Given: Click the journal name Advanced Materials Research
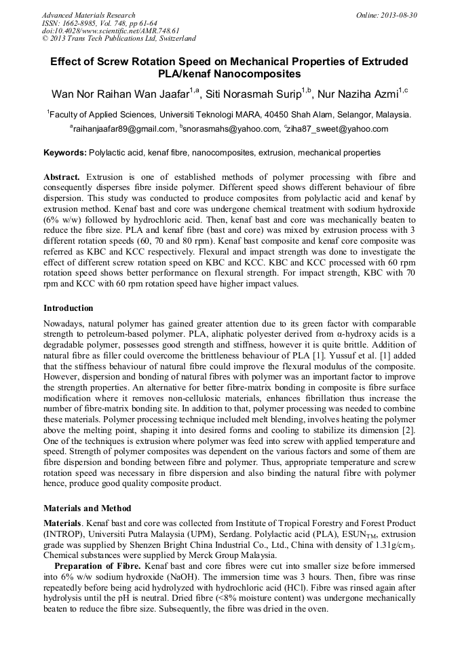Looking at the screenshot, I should [88, 15].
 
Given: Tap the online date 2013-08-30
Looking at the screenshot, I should [397, 15].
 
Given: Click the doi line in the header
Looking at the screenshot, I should [110, 31].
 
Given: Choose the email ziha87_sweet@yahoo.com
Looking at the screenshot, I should [338, 129].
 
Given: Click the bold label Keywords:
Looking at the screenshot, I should [65, 153].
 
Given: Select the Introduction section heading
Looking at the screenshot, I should [69, 308].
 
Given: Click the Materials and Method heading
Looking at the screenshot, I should [87, 508].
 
